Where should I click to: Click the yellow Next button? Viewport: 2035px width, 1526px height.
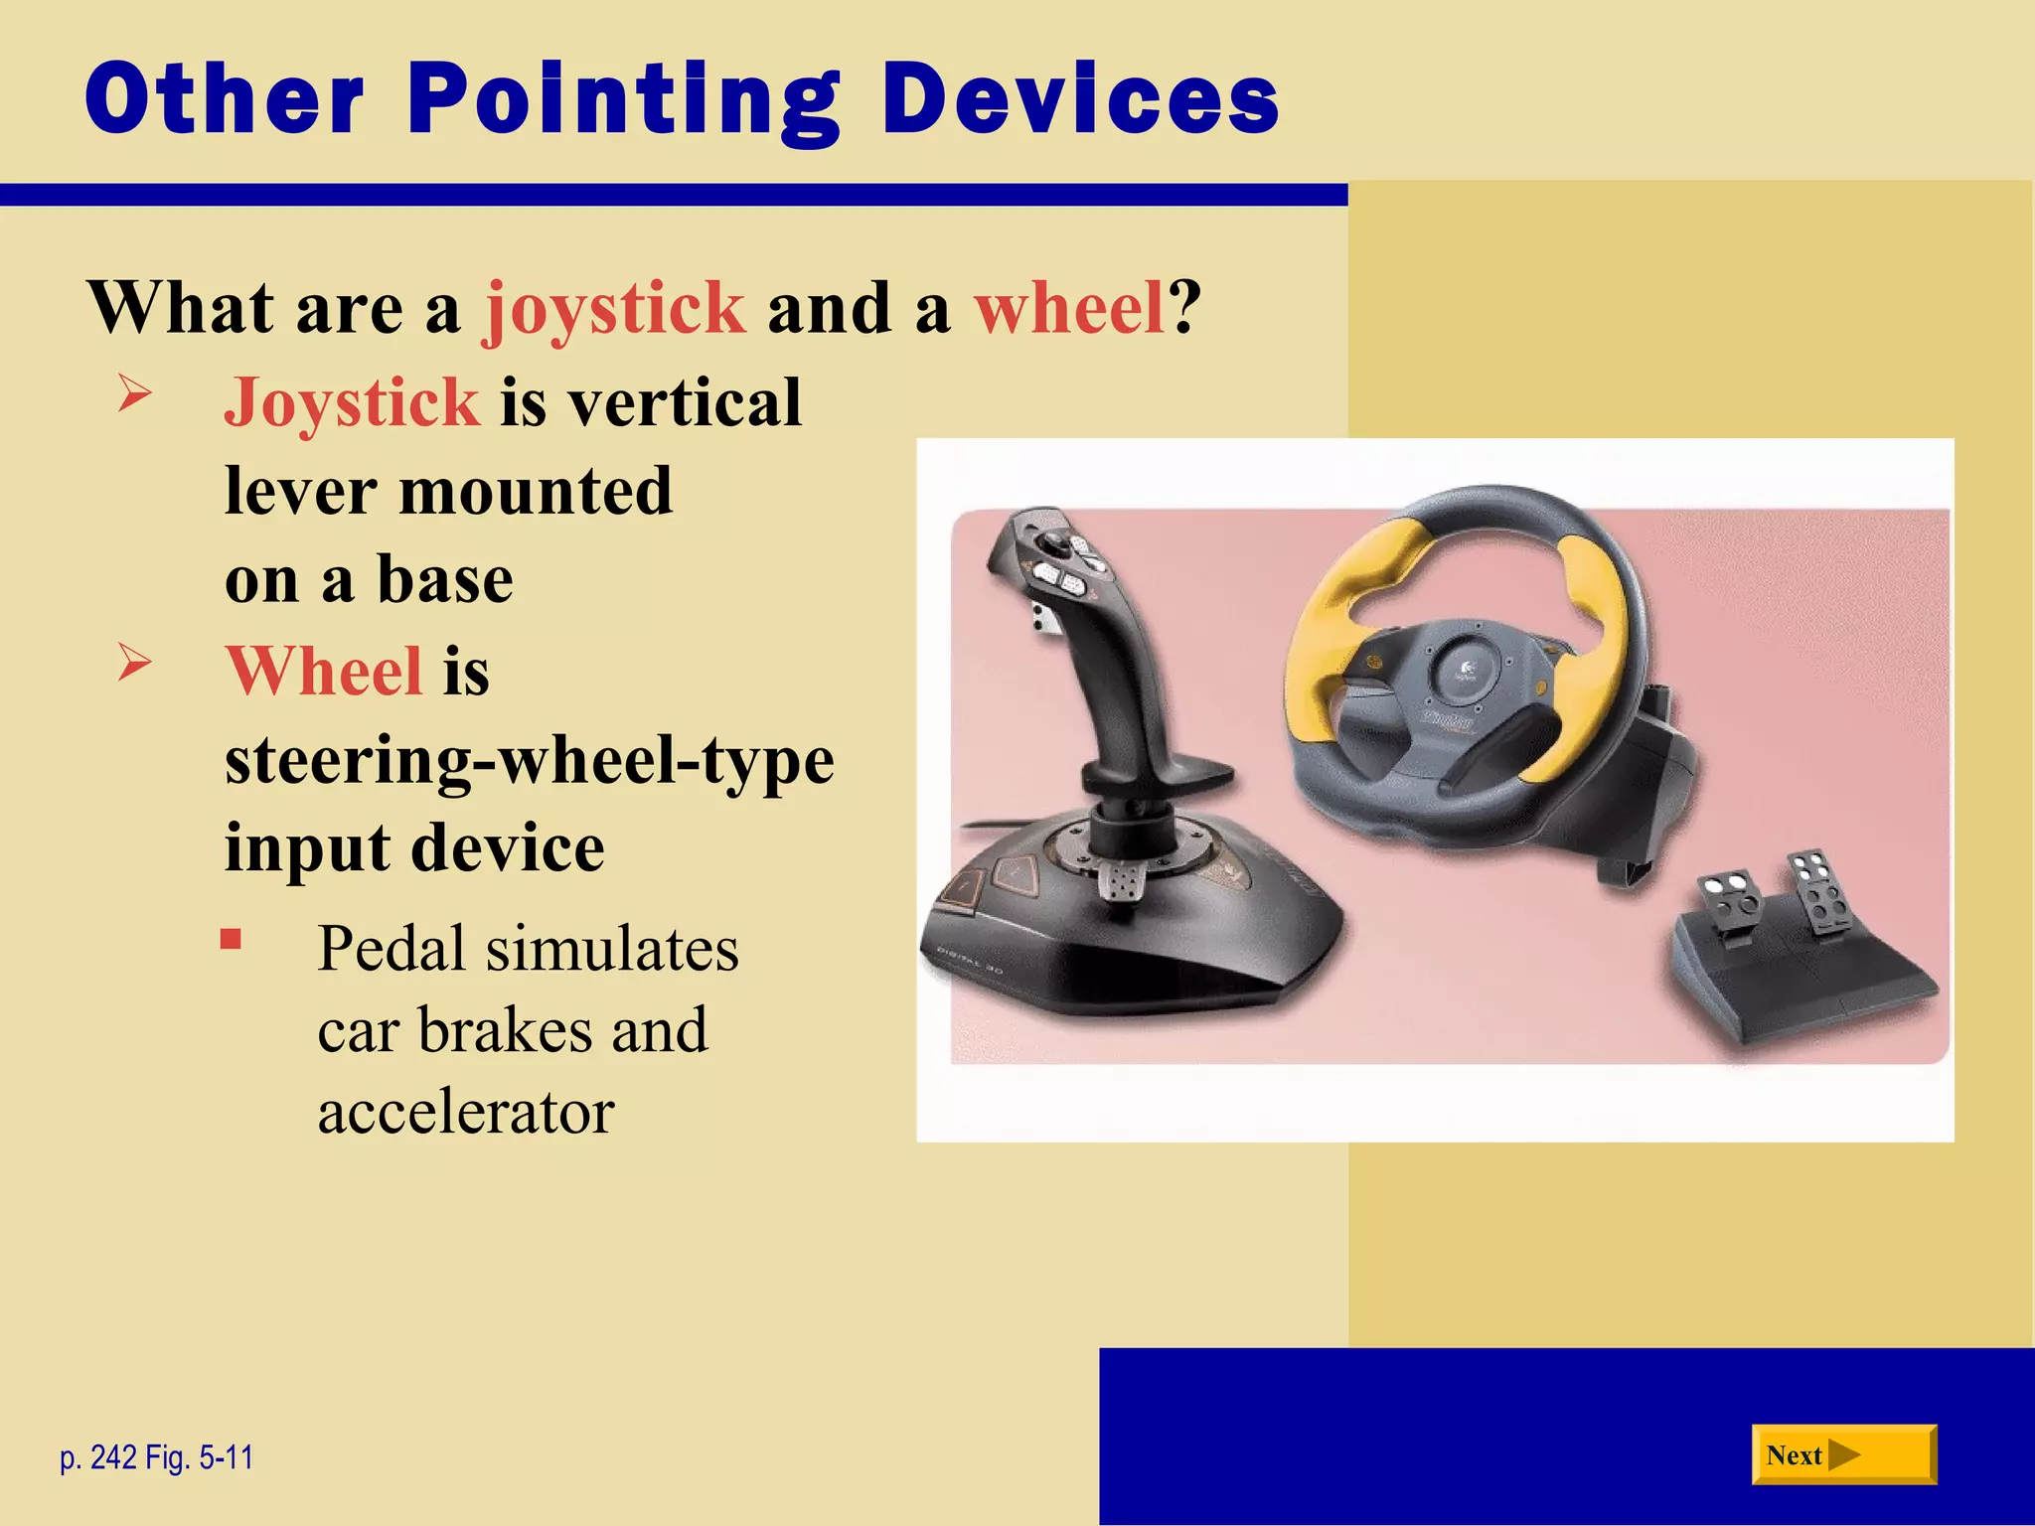pos(1843,1455)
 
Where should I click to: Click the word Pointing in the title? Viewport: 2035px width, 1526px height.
pos(624,99)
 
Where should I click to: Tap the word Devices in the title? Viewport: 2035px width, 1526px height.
pos(1080,99)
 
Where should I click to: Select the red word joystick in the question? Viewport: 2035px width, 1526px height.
pos(614,308)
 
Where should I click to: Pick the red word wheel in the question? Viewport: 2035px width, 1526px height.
pos(1068,308)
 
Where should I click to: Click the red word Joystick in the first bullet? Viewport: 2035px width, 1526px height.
pos(352,402)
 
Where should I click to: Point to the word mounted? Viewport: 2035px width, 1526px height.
pos(536,491)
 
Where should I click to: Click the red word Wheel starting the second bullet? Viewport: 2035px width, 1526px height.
pos(324,671)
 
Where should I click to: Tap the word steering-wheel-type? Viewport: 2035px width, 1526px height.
pos(529,761)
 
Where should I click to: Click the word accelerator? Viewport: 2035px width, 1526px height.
pos(466,1112)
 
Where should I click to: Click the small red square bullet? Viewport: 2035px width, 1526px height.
pos(232,940)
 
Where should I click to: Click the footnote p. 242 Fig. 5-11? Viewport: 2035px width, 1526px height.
pos(157,1457)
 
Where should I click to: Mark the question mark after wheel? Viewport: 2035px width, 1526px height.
pos(1184,308)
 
